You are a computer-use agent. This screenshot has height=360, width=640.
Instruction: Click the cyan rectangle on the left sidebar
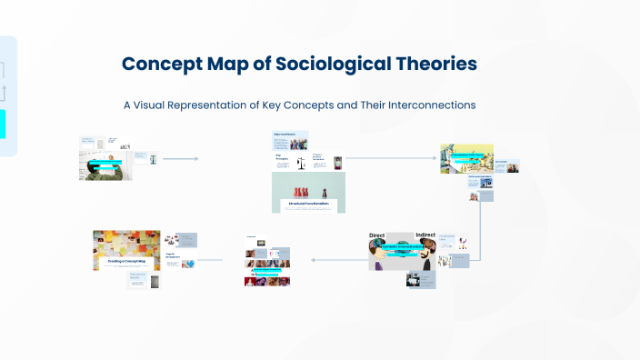point(3,124)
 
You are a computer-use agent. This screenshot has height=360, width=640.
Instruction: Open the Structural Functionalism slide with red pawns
point(310,193)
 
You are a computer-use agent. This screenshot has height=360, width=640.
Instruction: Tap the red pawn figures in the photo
point(310,186)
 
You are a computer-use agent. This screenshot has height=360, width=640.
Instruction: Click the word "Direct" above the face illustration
point(377,235)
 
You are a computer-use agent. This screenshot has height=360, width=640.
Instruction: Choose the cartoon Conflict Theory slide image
point(466,158)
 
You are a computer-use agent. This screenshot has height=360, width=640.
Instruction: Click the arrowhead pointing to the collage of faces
point(314,260)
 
